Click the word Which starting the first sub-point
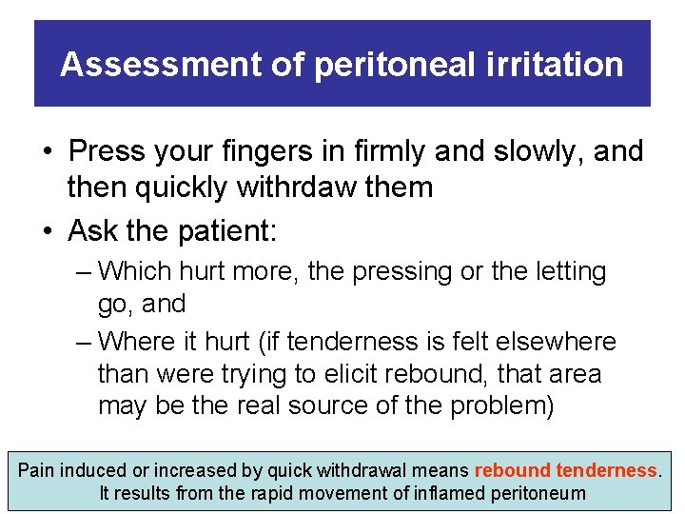click(140, 271)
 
